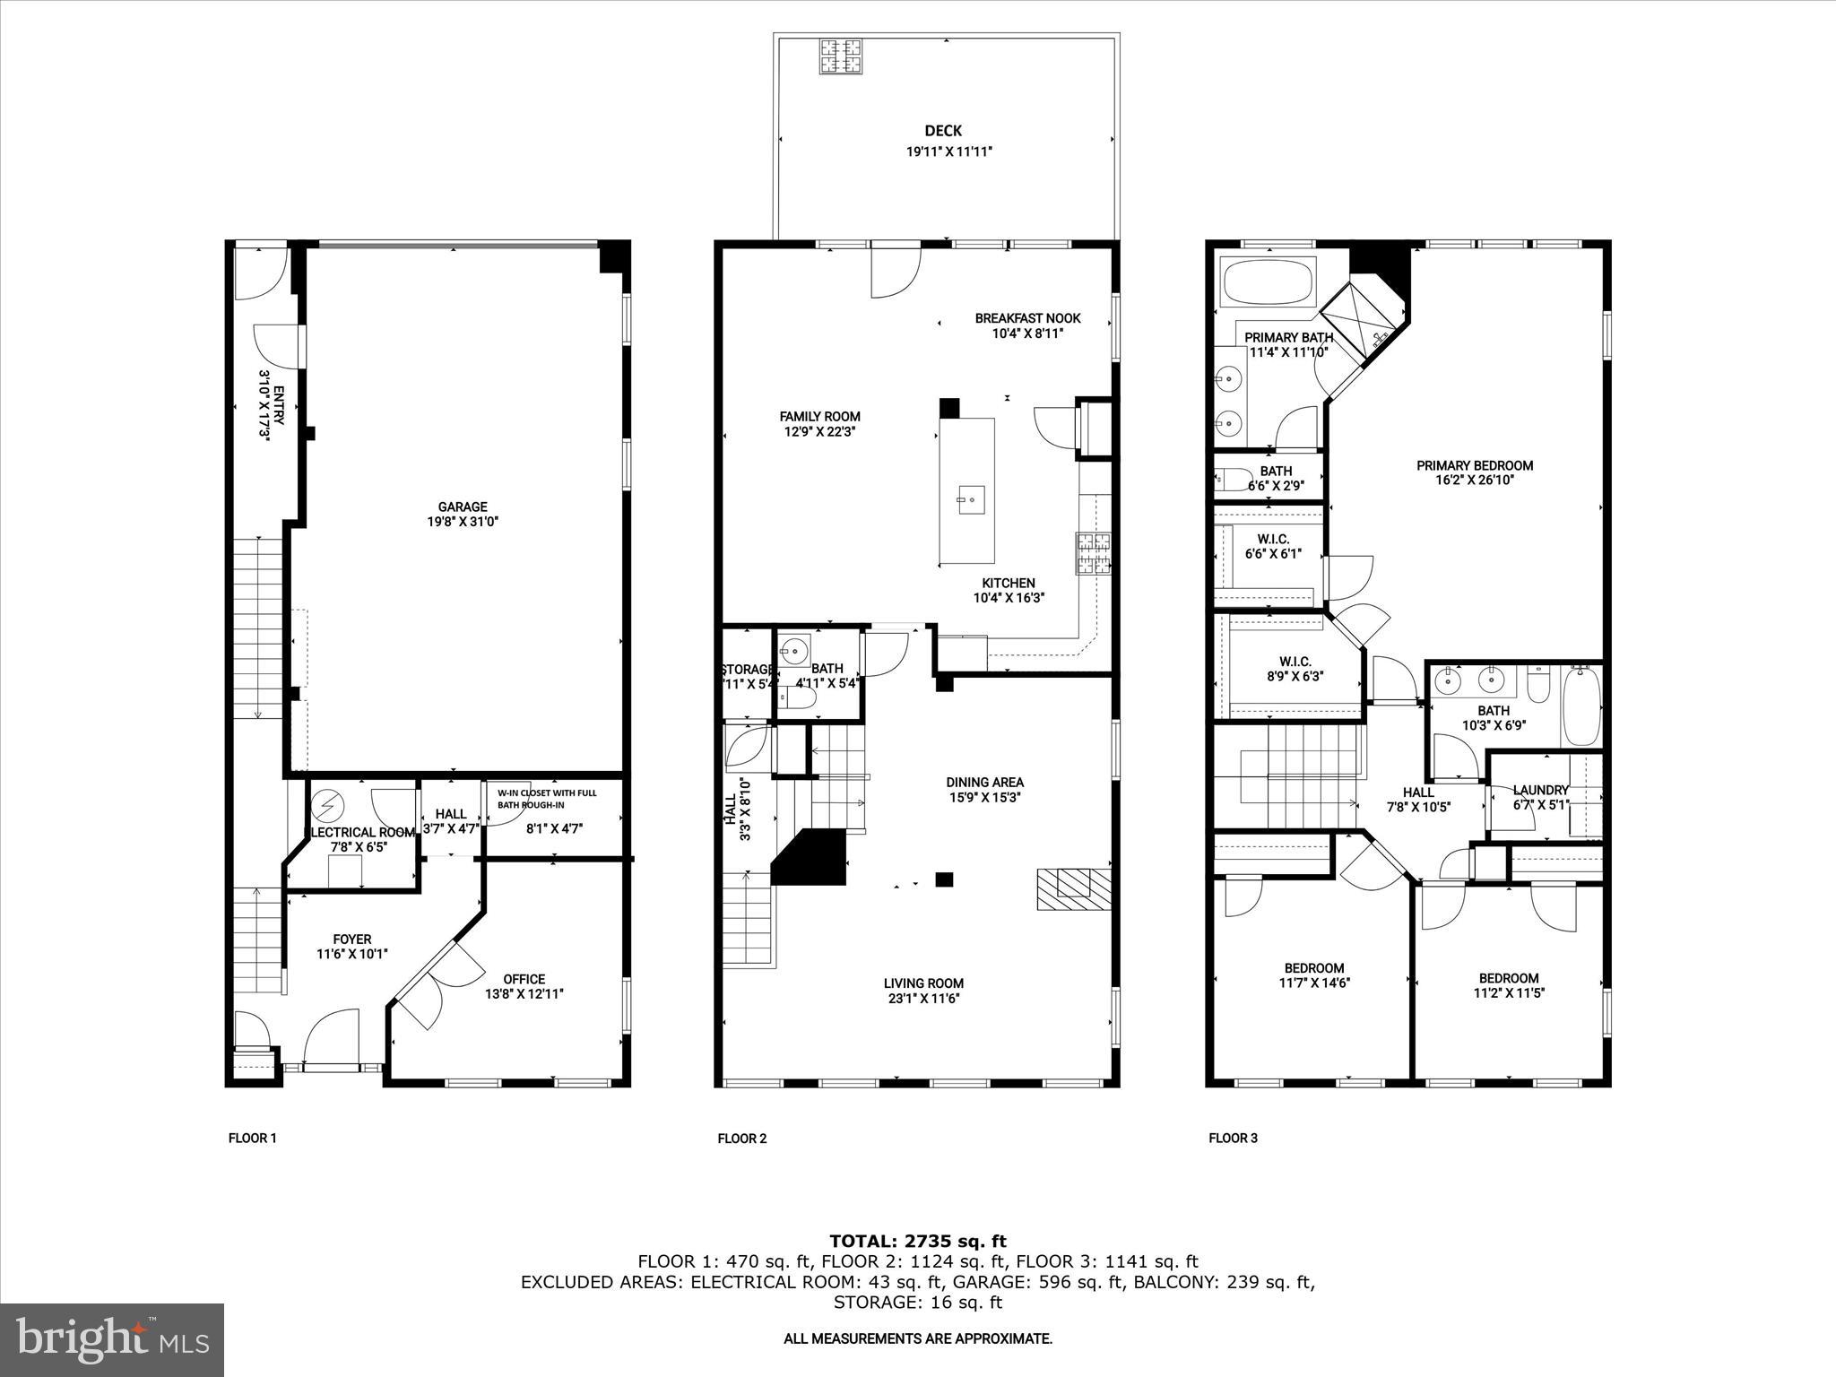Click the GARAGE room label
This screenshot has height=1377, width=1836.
click(463, 507)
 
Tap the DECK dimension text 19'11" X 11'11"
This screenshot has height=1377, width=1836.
click(948, 152)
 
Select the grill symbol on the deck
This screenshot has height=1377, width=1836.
click(840, 56)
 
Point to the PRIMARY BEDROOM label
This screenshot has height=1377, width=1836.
click(1474, 465)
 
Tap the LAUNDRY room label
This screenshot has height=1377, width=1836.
click(1540, 790)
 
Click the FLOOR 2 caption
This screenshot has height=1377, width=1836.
click(741, 1139)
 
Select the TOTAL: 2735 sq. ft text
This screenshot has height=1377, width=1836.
click(918, 1241)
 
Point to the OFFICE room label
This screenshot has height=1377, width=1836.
click(524, 979)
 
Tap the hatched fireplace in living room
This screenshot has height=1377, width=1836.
click(1074, 888)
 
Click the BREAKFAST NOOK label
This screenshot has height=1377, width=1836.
click(1027, 318)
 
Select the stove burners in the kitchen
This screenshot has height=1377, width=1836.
click(1093, 553)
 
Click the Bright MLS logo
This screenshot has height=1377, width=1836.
click(112, 1339)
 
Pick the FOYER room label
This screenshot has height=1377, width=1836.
click(351, 940)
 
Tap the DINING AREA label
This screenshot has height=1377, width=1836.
click(984, 782)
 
